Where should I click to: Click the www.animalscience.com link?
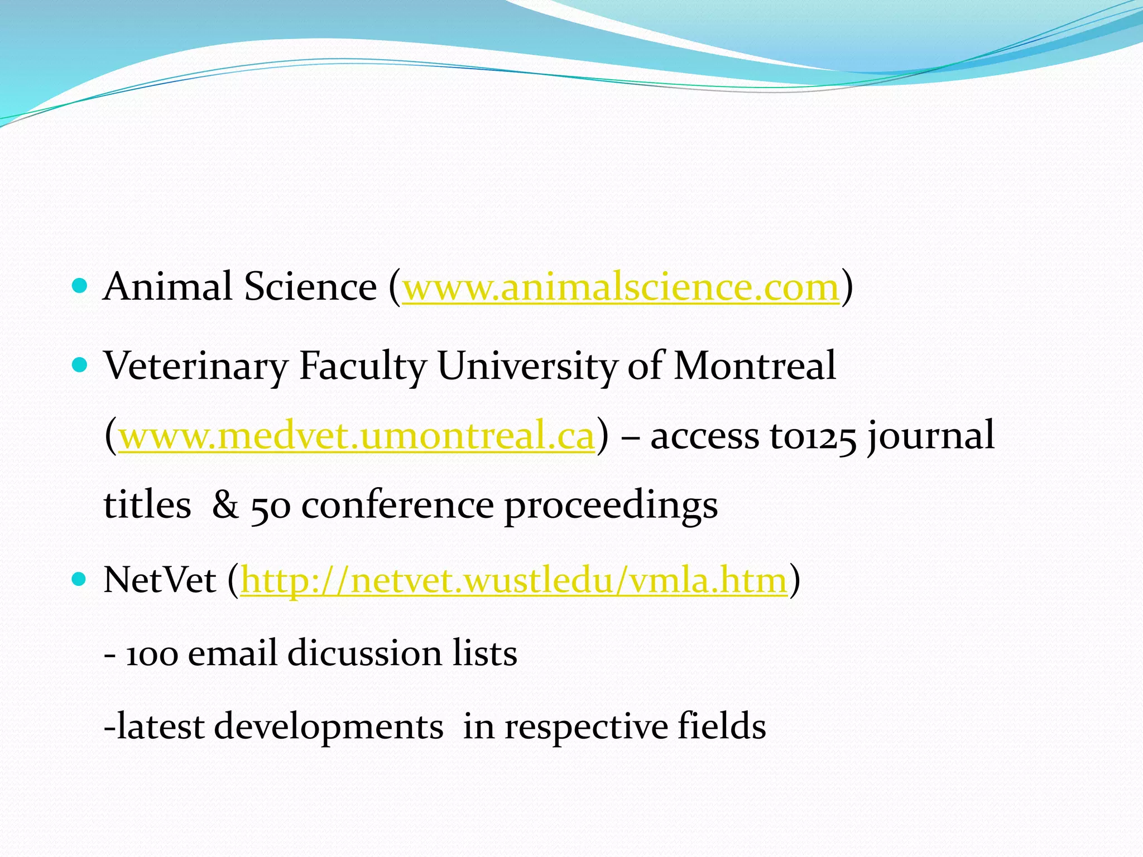621,287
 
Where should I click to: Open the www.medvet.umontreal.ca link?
357,436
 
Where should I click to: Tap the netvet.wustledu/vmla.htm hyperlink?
513,580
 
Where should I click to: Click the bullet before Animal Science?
80,287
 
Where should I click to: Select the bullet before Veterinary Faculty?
80,365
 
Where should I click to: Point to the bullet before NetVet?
80,580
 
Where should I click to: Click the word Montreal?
755,366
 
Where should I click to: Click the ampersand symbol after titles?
225,505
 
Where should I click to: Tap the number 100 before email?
152,654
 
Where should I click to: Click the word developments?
329,728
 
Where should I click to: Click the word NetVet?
160,580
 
